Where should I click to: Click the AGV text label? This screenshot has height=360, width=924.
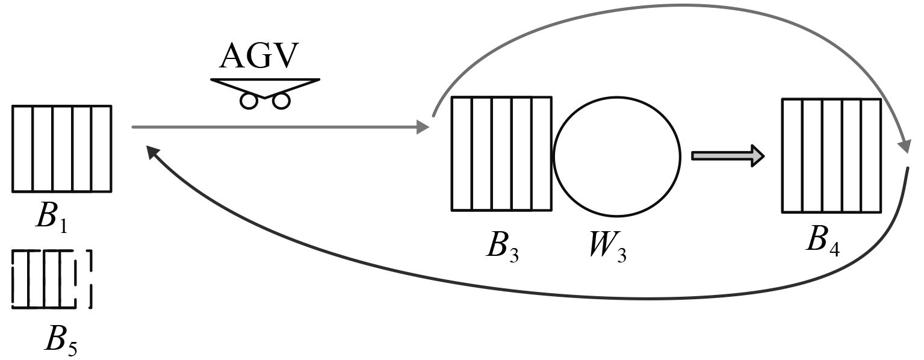coord(259,57)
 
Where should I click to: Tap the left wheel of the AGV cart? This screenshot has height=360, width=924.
coord(248,101)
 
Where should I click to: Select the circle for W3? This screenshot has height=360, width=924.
coord(617,155)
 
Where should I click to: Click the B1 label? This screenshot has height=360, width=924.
coord(51,217)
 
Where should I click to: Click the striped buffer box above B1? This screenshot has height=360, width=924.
coord(61,149)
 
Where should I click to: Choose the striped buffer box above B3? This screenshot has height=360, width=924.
coord(501,154)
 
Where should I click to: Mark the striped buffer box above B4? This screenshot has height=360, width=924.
coord(831,155)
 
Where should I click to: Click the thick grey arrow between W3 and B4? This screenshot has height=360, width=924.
coord(728,156)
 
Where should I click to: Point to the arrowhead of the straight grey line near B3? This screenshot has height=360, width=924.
coord(423,127)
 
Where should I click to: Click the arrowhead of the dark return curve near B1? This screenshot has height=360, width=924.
coord(153,155)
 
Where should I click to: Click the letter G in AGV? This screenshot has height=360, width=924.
coord(258,57)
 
